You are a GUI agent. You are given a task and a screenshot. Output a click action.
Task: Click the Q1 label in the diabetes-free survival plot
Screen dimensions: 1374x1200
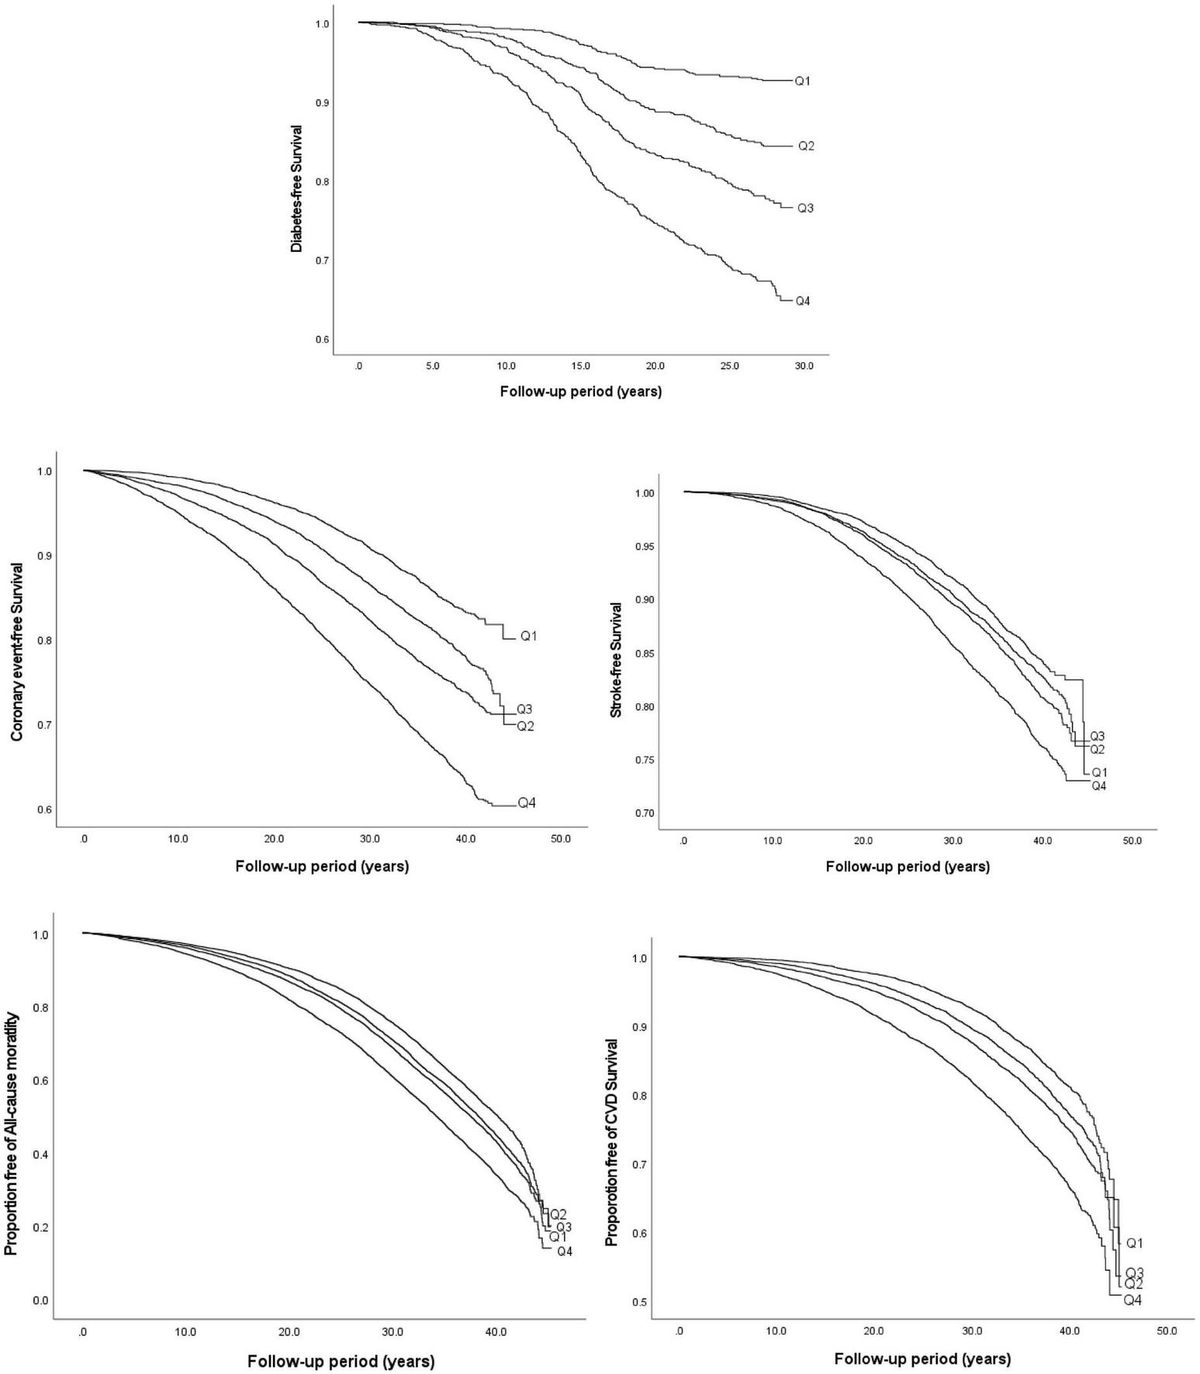802,81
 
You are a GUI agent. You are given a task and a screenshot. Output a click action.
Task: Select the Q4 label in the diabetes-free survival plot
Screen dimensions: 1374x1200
802,301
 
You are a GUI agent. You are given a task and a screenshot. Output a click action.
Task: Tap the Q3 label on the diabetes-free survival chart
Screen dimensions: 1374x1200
805,208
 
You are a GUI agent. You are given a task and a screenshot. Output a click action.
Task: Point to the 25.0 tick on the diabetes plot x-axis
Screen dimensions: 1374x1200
730,366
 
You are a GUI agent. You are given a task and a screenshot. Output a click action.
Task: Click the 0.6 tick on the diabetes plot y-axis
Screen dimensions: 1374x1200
322,340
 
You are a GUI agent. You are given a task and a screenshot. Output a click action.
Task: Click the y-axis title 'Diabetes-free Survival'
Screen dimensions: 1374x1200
296,188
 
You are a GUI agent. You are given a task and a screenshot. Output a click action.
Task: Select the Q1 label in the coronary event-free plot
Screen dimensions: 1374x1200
528,636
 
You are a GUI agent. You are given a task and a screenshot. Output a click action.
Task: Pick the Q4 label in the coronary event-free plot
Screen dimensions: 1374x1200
527,803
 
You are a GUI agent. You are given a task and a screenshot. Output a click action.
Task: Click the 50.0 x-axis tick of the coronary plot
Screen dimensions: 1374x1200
560,839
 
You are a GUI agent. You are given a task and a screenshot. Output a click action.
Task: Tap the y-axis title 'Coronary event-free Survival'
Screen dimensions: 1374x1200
17,651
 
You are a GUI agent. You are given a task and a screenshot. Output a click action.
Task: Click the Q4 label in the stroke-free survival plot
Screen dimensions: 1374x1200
1098,786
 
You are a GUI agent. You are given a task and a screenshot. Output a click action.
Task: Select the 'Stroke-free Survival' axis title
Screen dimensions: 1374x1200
617,659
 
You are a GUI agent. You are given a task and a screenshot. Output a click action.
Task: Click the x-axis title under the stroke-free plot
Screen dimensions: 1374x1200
908,867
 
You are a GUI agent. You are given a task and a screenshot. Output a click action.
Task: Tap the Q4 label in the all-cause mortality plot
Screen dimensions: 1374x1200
564,1251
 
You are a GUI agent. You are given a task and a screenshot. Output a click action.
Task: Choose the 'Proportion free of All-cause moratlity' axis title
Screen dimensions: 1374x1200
12,1114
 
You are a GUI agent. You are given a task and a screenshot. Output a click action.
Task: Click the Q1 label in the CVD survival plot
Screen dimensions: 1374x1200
1134,1243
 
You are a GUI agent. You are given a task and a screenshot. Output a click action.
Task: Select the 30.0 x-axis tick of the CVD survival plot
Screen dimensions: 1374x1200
972,1331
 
